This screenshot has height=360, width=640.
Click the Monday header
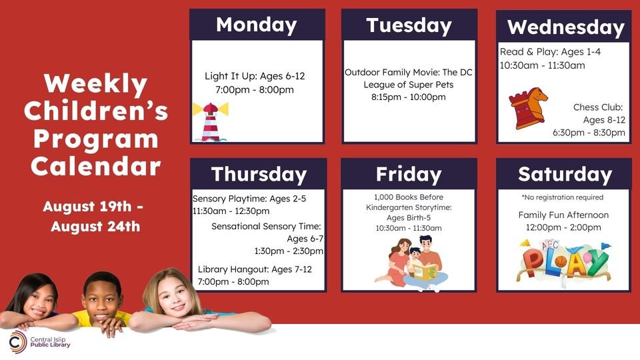point(257,25)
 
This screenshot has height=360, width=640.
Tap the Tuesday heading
point(409,25)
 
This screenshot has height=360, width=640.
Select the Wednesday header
point(565,27)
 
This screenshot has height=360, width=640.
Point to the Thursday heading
point(259,174)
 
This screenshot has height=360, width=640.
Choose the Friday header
point(409,174)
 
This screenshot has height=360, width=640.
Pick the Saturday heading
point(565,174)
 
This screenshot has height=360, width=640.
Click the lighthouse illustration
point(210,121)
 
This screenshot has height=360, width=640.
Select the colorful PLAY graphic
point(564,261)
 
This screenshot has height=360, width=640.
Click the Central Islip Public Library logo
point(39,343)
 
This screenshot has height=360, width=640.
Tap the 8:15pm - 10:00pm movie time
point(409,97)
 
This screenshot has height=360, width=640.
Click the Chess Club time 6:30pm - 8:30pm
point(589,133)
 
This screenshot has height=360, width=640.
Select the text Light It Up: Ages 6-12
point(255,75)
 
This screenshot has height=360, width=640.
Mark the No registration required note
point(562,197)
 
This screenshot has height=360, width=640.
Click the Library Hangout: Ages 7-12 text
point(255,269)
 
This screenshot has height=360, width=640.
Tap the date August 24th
point(95,226)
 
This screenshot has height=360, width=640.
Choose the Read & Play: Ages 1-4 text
point(550,51)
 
